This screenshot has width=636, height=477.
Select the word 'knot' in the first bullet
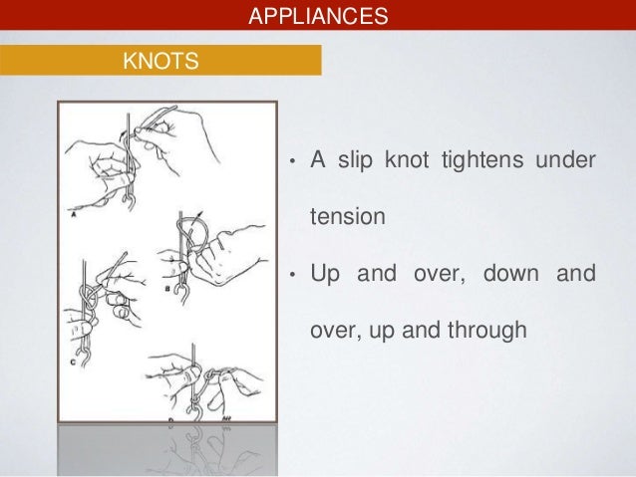point(415,161)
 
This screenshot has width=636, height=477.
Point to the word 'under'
point(570,161)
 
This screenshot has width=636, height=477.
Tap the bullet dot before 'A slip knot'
point(290,163)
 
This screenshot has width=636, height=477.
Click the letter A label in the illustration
point(76,212)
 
